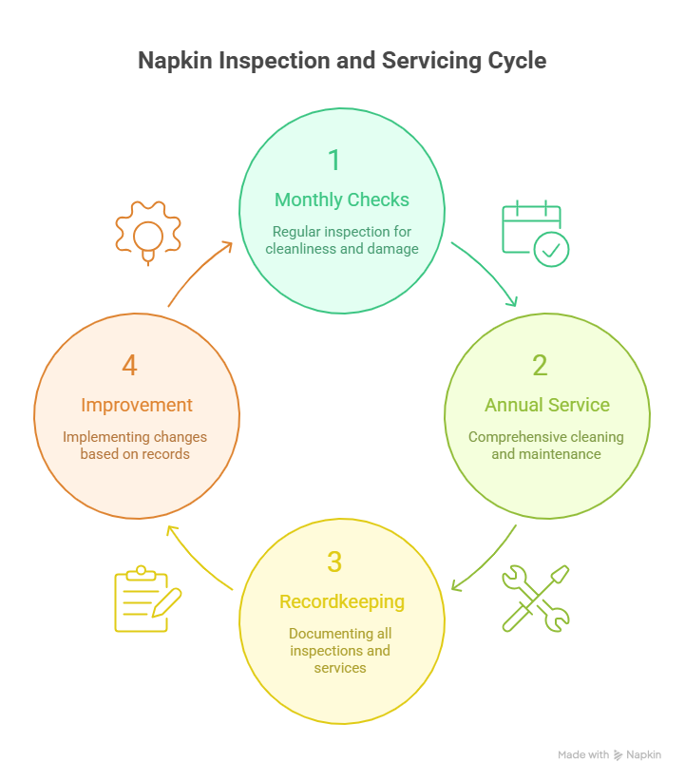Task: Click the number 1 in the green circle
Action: click(x=333, y=160)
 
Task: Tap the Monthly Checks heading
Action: click(x=342, y=200)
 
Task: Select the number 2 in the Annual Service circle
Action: click(x=540, y=365)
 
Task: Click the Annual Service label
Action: click(x=547, y=405)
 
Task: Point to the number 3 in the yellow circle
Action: click(x=333, y=562)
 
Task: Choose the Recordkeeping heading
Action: click(x=342, y=601)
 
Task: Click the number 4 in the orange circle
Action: click(x=130, y=365)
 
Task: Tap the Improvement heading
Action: click(x=137, y=405)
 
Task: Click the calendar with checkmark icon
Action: click(x=535, y=233)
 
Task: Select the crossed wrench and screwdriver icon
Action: click(x=536, y=599)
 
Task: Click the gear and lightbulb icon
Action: click(x=146, y=231)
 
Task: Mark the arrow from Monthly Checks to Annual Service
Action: click(x=487, y=273)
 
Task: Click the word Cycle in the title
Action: click(x=513, y=61)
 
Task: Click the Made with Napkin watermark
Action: click(x=609, y=754)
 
